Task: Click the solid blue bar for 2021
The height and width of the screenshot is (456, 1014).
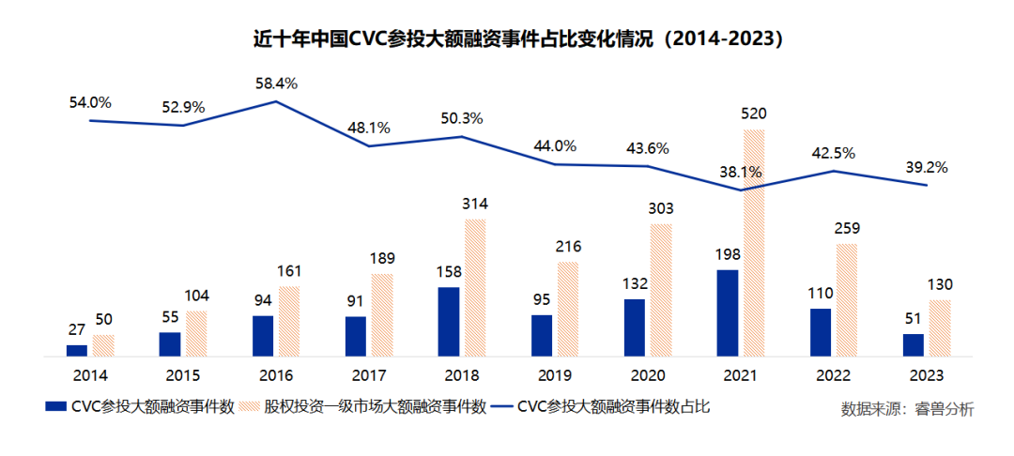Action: [x=727, y=313]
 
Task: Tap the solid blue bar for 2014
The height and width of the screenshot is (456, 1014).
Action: [x=77, y=350]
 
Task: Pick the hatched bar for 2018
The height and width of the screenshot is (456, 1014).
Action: [x=475, y=287]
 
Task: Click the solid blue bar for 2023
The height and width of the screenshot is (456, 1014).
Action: [x=913, y=344]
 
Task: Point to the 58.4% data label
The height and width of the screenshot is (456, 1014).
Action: [x=276, y=84]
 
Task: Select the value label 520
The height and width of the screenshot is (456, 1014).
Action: [x=754, y=114]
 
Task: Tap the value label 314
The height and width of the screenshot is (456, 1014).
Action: [x=475, y=205]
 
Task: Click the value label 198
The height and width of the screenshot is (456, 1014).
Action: [x=727, y=255]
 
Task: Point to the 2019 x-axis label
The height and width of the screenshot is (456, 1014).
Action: [x=556, y=375]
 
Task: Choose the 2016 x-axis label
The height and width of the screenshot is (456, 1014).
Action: [x=277, y=375]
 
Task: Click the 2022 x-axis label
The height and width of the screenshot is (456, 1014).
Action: [x=835, y=375]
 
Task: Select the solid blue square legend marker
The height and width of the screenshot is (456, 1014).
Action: [x=55, y=408]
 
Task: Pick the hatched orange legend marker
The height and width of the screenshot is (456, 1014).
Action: [x=250, y=408]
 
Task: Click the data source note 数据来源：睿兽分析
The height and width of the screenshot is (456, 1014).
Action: [x=907, y=409]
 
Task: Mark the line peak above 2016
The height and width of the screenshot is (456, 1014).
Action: [x=277, y=101]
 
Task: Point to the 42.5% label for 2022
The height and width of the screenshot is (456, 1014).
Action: [x=833, y=153]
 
